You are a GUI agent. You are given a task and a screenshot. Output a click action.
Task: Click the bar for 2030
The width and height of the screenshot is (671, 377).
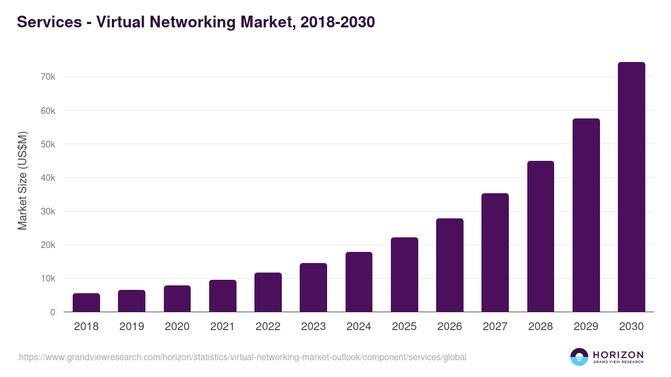[x=631, y=187]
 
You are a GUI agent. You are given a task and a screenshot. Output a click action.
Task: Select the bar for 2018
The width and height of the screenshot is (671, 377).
[x=86, y=303]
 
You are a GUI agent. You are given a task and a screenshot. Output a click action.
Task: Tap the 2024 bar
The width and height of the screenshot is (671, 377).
[x=359, y=282]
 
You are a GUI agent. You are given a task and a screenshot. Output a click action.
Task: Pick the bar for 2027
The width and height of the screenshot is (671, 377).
[x=495, y=252]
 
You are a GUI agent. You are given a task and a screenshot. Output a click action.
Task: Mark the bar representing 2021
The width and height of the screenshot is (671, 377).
[x=223, y=296]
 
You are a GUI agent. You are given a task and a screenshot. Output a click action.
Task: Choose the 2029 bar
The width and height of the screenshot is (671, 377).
[x=586, y=215]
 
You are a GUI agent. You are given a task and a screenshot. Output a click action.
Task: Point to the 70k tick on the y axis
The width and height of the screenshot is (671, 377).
[x=48, y=77]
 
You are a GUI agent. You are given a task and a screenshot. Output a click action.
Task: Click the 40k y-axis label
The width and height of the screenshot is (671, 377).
[x=48, y=178]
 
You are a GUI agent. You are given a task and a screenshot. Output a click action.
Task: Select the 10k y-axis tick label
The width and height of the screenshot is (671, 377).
[x=48, y=279]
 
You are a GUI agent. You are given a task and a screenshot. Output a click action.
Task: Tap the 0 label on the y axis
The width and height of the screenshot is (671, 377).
[x=53, y=312]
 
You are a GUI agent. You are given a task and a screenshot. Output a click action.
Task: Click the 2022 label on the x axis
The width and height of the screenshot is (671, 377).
[x=268, y=327]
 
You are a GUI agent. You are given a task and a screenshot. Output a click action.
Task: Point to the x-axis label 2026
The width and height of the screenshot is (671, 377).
[x=450, y=327]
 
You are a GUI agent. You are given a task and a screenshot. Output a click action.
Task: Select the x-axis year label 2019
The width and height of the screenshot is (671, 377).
[x=131, y=327]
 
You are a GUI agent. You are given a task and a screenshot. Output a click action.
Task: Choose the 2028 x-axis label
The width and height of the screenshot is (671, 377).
[x=541, y=327]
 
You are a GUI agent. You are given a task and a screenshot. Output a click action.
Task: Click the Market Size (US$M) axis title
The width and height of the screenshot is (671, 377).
[x=22, y=180]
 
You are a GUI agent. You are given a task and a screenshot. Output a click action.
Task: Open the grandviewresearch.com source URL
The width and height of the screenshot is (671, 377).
[x=242, y=357]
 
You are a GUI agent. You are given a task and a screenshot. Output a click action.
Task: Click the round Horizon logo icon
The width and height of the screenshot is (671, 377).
[x=579, y=357]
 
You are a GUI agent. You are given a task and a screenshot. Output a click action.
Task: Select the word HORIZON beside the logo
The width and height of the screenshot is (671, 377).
[x=618, y=355]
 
